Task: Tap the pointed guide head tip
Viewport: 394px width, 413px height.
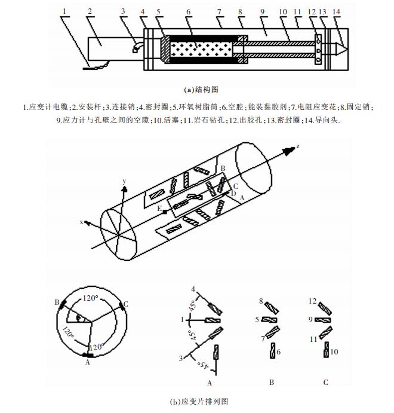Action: pos(342,46)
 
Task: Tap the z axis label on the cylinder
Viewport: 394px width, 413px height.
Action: pos(297,145)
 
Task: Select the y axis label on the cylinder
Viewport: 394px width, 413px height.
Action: pos(124,180)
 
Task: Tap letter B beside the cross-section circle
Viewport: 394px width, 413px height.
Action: pos(57,302)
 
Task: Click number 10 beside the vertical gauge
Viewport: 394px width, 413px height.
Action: pos(334,352)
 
